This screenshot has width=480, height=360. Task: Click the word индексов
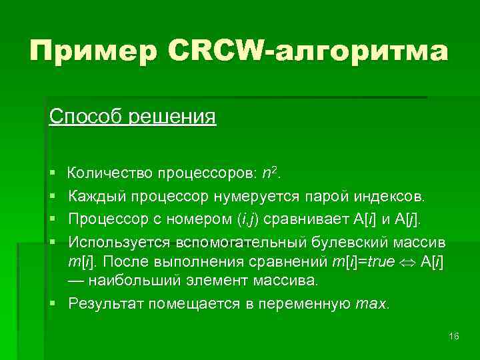pyautogui.click(x=385, y=197)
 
